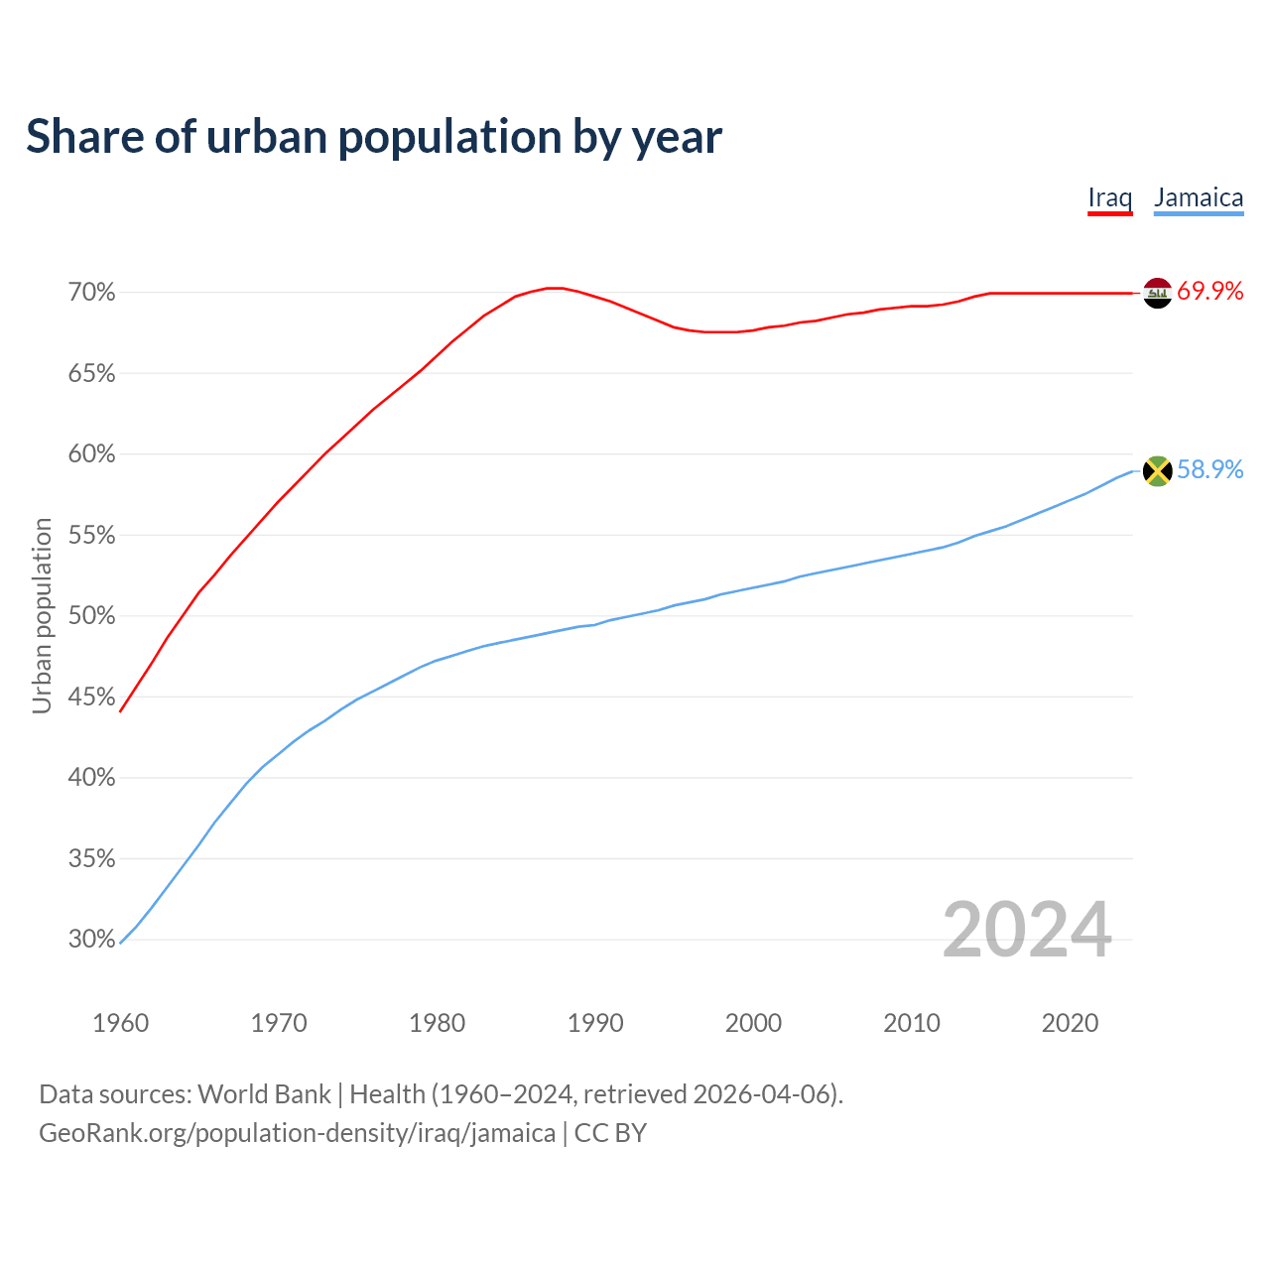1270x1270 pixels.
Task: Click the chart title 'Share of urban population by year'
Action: click(373, 137)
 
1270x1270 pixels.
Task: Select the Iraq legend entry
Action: click(1109, 197)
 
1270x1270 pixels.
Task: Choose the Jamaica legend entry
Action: click(1199, 197)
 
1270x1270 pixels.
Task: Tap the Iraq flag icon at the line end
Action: click(1158, 293)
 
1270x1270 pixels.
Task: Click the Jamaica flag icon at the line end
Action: click(1158, 470)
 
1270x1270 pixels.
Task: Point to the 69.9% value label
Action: click(1210, 292)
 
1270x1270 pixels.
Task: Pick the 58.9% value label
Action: click(1210, 470)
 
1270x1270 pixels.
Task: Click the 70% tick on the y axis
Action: click(92, 293)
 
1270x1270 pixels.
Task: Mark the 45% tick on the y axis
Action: click(92, 698)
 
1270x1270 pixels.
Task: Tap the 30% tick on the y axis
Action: click(92, 940)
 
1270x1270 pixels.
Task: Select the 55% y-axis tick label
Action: click(92, 536)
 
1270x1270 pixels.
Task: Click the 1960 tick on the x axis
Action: click(121, 1023)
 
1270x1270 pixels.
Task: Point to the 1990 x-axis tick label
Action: click(595, 1023)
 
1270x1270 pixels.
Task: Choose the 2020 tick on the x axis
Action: click(1070, 1023)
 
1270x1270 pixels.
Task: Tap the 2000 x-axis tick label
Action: click(753, 1023)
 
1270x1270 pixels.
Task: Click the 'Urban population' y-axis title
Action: click(43, 615)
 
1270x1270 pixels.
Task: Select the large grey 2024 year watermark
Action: click(1027, 931)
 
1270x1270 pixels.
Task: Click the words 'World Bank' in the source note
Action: click(264, 1094)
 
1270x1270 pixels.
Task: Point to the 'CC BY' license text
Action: click(610, 1133)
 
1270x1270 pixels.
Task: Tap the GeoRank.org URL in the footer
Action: click(297, 1133)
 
